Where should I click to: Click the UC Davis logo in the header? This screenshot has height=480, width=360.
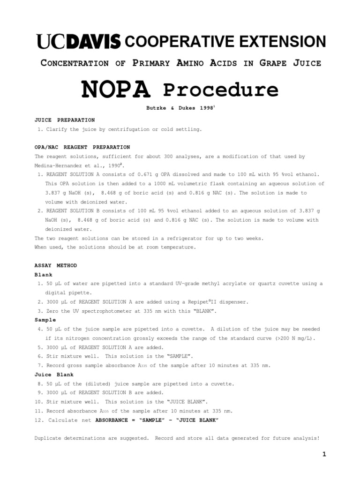coord(78,42)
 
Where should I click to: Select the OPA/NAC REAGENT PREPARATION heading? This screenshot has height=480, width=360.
coord(82,147)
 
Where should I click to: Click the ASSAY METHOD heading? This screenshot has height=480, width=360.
coord(56,265)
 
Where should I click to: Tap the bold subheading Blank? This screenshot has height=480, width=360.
coord(44,275)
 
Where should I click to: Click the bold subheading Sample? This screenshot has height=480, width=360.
coord(45,320)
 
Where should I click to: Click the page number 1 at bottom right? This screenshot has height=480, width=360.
coord(323,454)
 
